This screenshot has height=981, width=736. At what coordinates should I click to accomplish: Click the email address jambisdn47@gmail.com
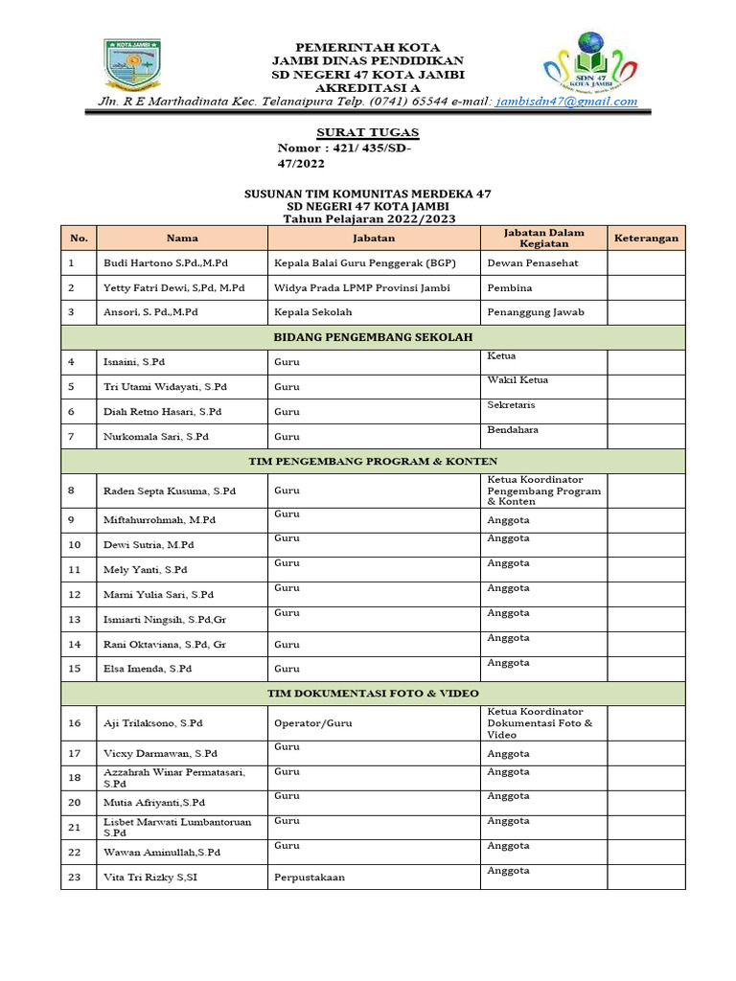566,102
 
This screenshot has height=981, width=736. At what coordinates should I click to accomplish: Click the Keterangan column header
646,238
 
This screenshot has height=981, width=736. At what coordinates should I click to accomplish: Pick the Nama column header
182,238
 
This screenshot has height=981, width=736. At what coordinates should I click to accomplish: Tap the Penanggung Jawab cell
535,312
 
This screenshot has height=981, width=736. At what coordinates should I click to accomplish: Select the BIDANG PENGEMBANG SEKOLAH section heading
373,337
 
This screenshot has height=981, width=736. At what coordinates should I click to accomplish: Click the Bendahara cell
513,430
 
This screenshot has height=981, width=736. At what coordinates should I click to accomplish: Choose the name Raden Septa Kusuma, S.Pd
170,490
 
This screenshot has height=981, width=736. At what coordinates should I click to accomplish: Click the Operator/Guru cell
313,723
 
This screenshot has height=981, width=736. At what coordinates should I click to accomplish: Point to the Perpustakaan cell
310,877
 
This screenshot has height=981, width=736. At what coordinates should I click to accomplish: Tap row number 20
76,802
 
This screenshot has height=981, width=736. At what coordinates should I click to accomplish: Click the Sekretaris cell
513,405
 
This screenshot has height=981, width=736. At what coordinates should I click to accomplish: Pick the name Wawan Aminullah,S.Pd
162,852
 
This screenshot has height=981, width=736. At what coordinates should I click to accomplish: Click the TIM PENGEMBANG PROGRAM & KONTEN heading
373,461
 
